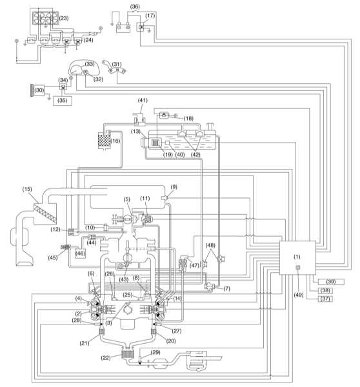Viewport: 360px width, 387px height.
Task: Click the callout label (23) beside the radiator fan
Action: tap(64, 18)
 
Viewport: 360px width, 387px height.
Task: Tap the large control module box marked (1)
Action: tap(297, 257)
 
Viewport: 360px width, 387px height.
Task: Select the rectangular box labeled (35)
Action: tap(63, 101)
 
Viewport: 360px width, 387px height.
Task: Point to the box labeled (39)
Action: tap(331, 282)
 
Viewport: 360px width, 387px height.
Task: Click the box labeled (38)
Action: tap(325, 290)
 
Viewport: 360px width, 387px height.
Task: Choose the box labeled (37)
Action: tap(325, 299)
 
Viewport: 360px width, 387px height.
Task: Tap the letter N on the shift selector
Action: tap(117, 70)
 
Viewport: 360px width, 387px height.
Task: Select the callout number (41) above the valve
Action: tap(143, 100)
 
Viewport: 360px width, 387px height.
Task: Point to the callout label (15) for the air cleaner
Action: tap(27, 189)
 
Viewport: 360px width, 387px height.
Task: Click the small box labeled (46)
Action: tap(80, 253)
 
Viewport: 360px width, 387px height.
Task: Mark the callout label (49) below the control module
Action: tap(299, 295)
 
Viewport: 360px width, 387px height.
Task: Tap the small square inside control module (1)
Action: tap(298, 267)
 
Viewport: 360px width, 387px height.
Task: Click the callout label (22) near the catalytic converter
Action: tap(106, 357)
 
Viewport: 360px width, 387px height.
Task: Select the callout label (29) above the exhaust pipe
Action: tap(155, 352)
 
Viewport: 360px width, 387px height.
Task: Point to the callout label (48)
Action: tap(210, 245)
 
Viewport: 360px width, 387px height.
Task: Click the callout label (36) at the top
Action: tap(135, 6)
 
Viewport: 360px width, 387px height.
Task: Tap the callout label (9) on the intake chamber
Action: tap(174, 187)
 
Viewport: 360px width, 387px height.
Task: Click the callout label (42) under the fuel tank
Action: tap(195, 155)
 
